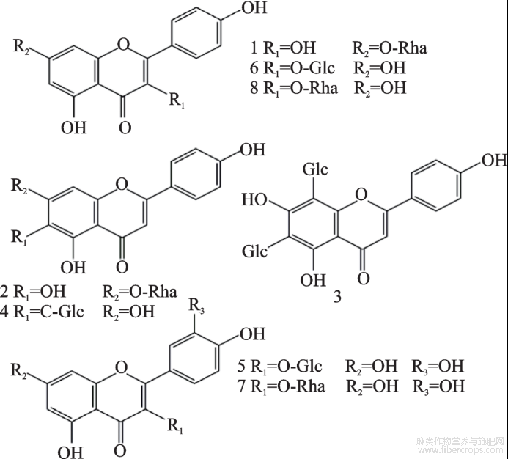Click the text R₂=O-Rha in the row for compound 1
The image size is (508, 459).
click(x=389, y=49)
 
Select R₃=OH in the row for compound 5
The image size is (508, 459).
click(x=438, y=365)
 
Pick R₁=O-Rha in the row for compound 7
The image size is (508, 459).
click(x=287, y=386)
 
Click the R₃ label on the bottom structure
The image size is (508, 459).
click(x=197, y=304)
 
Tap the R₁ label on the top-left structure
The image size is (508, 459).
click(x=177, y=100)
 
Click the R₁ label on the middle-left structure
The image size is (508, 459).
click(x=21, y=236)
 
